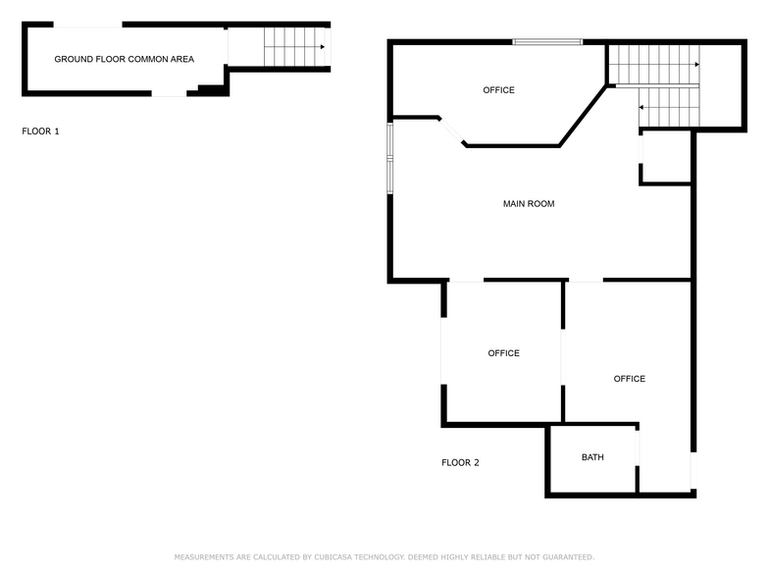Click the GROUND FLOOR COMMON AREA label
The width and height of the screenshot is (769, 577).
pos(124,59)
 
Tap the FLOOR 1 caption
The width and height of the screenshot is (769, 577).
pos(40,131)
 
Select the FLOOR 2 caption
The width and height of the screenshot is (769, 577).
pos(460,462)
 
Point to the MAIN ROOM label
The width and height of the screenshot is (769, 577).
pos(529,204)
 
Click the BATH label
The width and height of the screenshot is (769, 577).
pos(592,457)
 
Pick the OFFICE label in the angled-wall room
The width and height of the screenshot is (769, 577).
pos(498,90)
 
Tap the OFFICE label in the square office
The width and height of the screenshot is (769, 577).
pos(504,353)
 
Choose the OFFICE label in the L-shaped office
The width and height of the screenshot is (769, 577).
pos(630,379)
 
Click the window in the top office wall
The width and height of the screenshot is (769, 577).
pos(547,41)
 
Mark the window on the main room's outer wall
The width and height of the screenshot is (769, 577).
pos(389,157)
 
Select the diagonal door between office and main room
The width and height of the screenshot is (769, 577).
pos(451,132)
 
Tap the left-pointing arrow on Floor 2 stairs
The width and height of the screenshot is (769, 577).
pos(642,107)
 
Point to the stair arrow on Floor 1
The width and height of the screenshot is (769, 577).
pos(320,46)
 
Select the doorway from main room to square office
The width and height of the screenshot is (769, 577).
pos(465,281)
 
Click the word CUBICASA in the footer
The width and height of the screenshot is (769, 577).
pos(338,557)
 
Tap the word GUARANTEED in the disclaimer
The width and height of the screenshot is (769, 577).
pos(562,557)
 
